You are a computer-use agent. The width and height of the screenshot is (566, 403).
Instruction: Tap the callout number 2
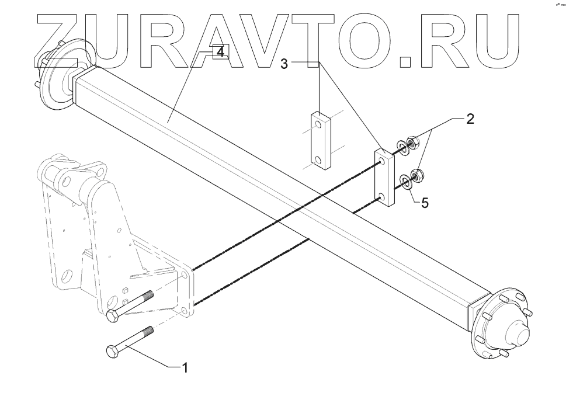[470, 120]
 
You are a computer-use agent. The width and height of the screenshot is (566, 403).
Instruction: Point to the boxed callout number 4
[219, 53]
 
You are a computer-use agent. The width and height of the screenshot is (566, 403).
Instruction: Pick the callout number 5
[425, 203]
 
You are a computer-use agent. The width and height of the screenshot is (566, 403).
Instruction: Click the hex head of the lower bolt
[112, 352]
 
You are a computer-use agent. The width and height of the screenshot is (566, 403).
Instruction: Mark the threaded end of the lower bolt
[145, 333]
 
